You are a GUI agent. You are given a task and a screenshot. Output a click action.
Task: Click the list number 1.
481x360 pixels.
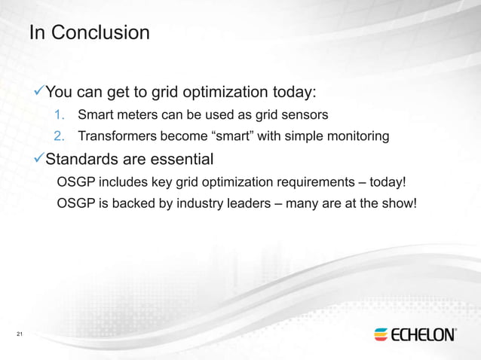click(x=60, y=116)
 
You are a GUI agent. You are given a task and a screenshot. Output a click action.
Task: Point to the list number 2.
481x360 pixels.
click(x=60, y=137)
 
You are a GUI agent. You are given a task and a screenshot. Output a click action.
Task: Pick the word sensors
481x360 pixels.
click(x=302, y=116)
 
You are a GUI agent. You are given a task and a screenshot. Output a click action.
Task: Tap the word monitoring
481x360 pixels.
click(x=359, y=137)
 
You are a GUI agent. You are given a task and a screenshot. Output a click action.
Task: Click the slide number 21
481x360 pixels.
click(x=20, y=334)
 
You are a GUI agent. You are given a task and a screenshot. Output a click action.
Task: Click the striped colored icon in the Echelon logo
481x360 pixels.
click(x=381, y=334)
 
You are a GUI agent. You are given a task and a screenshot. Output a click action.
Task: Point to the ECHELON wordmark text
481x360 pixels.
click(x=424, y=334)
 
